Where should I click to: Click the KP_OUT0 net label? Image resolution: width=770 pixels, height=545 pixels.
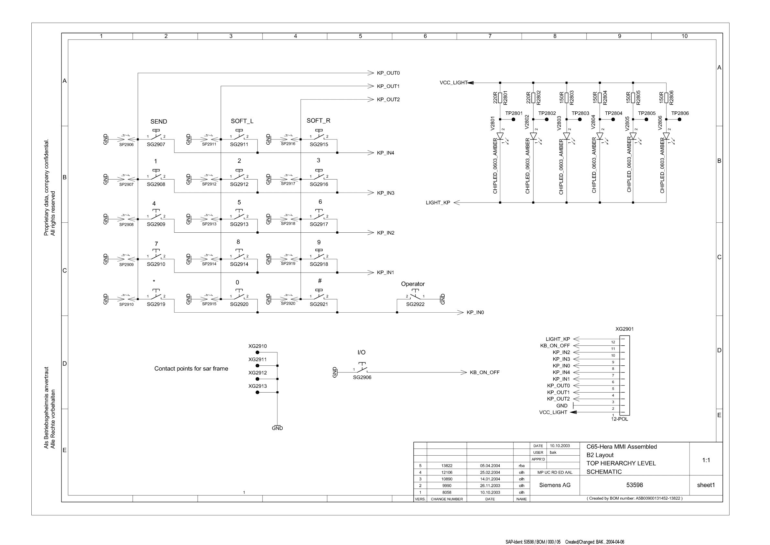click(x=388, y=73)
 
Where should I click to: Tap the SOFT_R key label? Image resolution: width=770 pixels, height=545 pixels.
click(x=318, y=120)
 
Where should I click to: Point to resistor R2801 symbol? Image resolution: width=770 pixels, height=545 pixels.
click(x=500, y=98)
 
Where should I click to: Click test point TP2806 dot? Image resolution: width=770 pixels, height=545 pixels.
click(x=679, y=119)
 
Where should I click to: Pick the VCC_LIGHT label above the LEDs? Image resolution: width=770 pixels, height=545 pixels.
click(x=453, y=83)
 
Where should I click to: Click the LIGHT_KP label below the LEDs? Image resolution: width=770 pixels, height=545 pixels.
click(x=438, y=203)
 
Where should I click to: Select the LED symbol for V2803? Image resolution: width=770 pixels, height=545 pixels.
click(x=567, y=136)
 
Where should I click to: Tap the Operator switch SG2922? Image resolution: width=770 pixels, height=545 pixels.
click(x=415, y=297)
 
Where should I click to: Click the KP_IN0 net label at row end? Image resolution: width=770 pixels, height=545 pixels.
click(x=475, y=312)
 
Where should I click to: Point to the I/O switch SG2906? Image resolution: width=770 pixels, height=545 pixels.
click(x=362, y=370)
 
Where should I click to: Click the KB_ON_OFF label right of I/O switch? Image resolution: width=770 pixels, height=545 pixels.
click(x=484, y=373)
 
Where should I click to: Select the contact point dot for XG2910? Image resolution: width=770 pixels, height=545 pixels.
click(x=257, y=352)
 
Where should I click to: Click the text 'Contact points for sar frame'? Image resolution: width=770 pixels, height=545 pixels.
click(x=191, y=369)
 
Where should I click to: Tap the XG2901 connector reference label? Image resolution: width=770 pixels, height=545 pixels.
click(x=624, y=329)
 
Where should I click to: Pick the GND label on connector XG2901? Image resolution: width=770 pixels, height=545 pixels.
click(x=562, y=406)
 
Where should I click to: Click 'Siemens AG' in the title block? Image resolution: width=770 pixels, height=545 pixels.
click(x=555, y=485)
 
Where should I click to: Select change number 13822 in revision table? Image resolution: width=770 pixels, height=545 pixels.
click(x=447, y=466)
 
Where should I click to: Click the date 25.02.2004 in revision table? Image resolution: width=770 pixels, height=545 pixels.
click(x=490, y=473)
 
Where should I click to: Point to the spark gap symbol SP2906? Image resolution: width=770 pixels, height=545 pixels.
click(x=126, y=139)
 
